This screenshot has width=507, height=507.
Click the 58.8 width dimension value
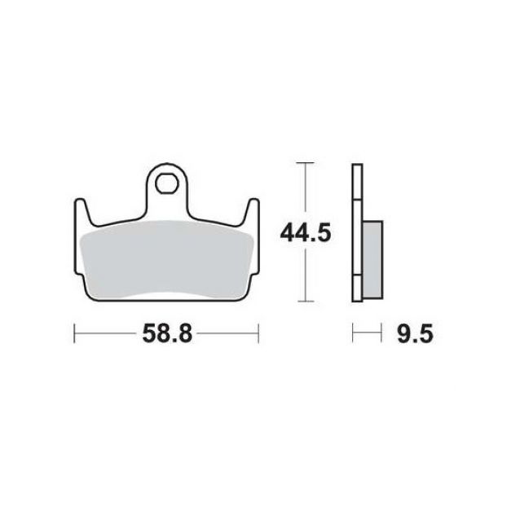[x=167, y=333]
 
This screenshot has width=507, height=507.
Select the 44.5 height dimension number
[x=306, y=233]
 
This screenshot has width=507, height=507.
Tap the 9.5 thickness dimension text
[x=415, y=333]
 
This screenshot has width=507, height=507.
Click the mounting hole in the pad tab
[x=166, y=184]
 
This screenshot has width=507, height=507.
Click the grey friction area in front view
[x=166, y=258]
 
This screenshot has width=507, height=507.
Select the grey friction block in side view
[x=373, y=260]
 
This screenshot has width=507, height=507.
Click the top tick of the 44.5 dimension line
[x=305, y=163]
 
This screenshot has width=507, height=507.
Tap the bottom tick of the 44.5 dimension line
[x=305, y=302]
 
